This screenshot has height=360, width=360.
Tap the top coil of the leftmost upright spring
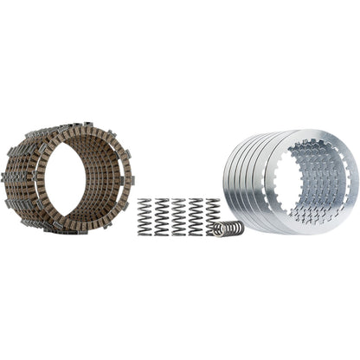145,202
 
